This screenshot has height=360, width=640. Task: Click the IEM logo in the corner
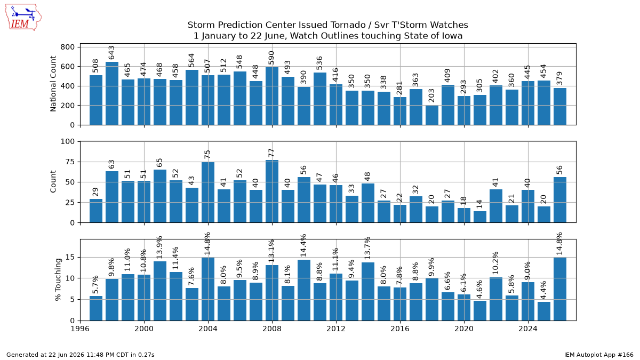[x=23, y=17]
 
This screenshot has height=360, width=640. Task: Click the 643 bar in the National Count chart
[x=112, y=93]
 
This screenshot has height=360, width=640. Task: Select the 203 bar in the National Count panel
[x=432, y=115]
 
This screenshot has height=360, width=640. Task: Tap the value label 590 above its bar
[x=271, y=58]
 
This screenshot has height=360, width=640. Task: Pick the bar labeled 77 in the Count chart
[x=272, y=191]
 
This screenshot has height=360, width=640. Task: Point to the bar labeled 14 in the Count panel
[x=480, y=217]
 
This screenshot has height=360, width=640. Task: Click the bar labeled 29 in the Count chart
[x=96, y=211]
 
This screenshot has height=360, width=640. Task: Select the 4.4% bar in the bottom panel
[x=544, y=311]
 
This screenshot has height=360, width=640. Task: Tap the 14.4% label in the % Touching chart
[x=303, y=245]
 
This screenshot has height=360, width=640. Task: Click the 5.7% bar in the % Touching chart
[x=96, y=308]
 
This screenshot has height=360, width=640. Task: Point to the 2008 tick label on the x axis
[x=272, y=329]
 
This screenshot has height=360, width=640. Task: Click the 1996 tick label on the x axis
[x=80, y=329]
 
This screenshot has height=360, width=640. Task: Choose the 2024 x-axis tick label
[x=528, y=329]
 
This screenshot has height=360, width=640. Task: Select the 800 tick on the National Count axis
[x=67, y=47]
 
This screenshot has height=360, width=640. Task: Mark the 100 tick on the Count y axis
[x=67, y=141]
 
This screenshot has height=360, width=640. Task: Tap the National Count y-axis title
[x=53, y=84]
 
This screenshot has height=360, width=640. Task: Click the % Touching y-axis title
[x=58, y=279]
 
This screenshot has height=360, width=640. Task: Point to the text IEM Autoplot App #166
[x=598, y=355]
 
